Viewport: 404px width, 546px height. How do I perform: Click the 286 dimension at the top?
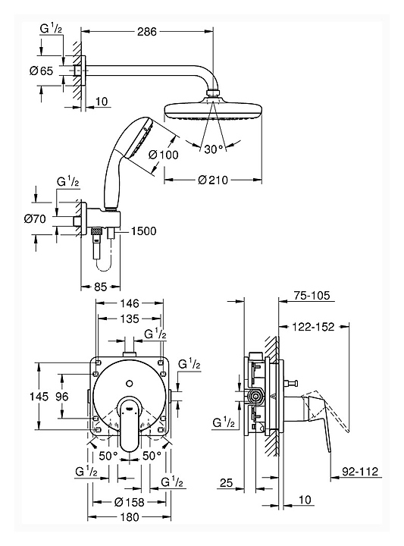(147, 32)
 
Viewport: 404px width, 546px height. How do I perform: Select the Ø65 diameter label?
(42, 71)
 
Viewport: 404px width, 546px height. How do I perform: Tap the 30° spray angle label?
(214, 149)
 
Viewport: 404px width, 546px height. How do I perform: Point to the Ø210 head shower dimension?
(213, 180)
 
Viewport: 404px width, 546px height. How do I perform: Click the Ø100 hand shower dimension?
(163, 155)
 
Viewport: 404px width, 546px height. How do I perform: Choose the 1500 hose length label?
(143, 231)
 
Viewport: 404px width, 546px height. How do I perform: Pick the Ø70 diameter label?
(35, 219)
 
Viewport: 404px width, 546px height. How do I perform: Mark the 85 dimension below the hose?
(101, 287)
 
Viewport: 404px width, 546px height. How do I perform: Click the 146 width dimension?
(130, 303)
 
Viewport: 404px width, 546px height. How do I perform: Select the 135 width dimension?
(130, 319)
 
